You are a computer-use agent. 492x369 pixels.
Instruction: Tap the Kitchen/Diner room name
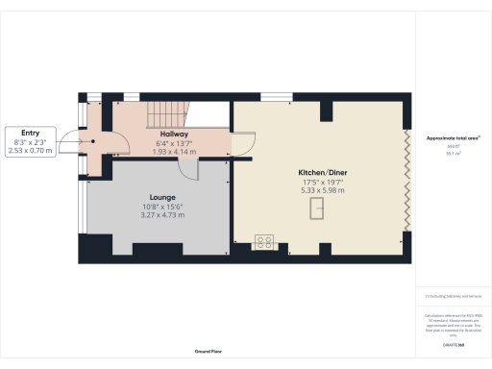click(323, 173)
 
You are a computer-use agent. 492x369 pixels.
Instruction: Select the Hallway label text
click(175, 134)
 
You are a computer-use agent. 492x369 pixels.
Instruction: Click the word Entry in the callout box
click(30, 134)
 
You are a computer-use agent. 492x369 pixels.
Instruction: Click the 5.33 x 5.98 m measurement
click(323, 190)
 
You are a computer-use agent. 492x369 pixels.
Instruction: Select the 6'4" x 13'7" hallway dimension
click(175, 143)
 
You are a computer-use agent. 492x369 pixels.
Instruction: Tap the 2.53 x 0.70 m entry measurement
click(30, 151)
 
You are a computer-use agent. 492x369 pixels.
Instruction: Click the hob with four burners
click(264, 242)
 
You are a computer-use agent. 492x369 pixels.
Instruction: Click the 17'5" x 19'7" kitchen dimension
click(323, 182)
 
